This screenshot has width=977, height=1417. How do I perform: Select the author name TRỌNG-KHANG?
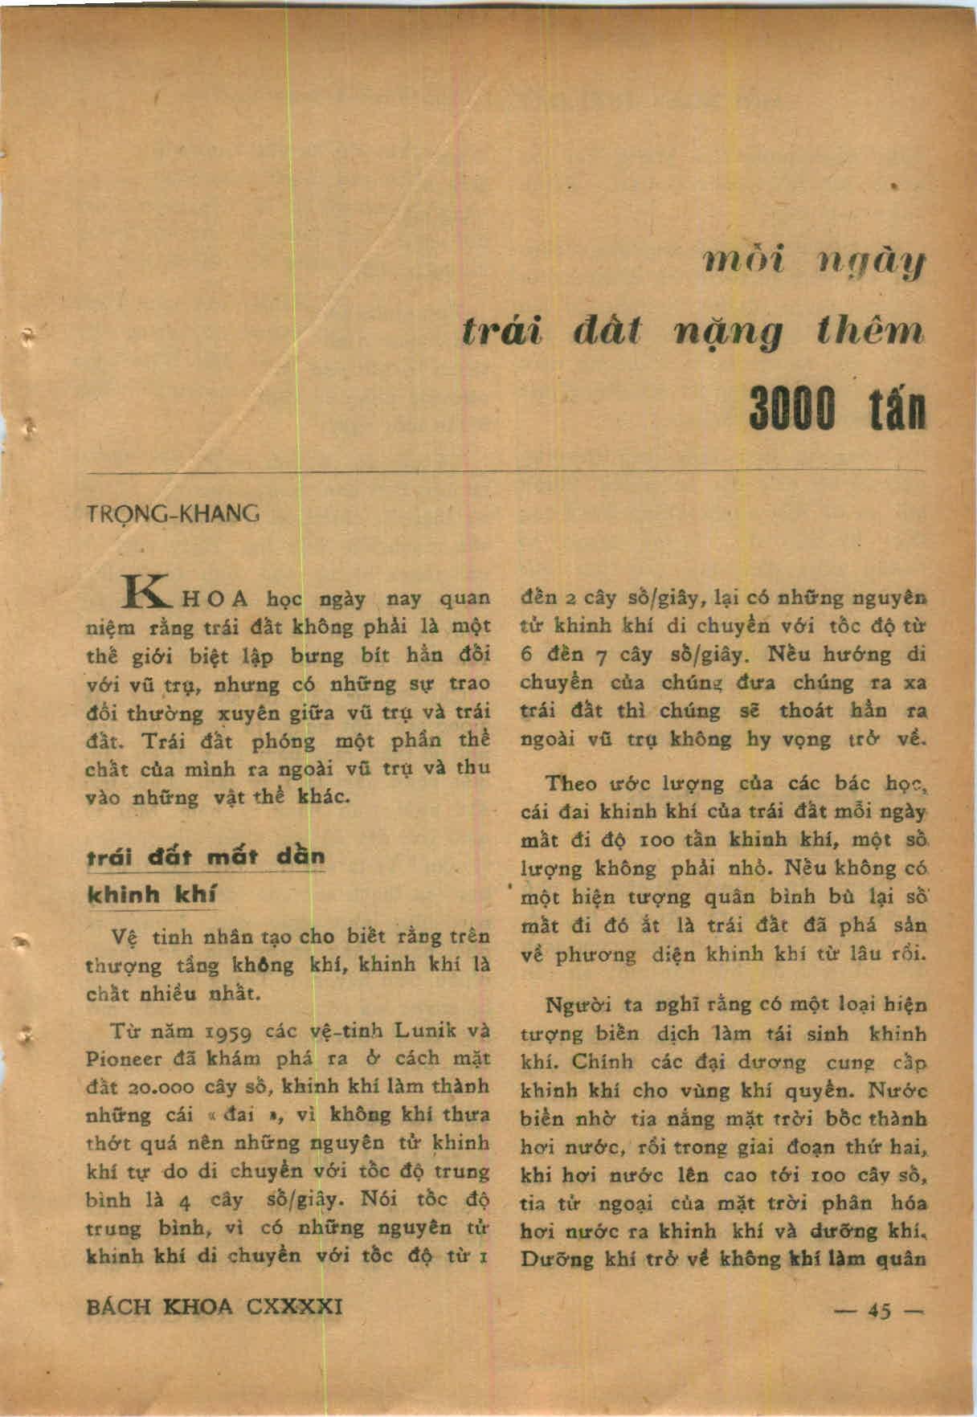tap(172, 514)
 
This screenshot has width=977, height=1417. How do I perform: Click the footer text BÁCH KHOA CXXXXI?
tap(214, 1307)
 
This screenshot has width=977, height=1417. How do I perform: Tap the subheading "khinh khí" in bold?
tap(152, 896)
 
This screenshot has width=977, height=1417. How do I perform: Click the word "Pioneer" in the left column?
tap(125, 1059)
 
